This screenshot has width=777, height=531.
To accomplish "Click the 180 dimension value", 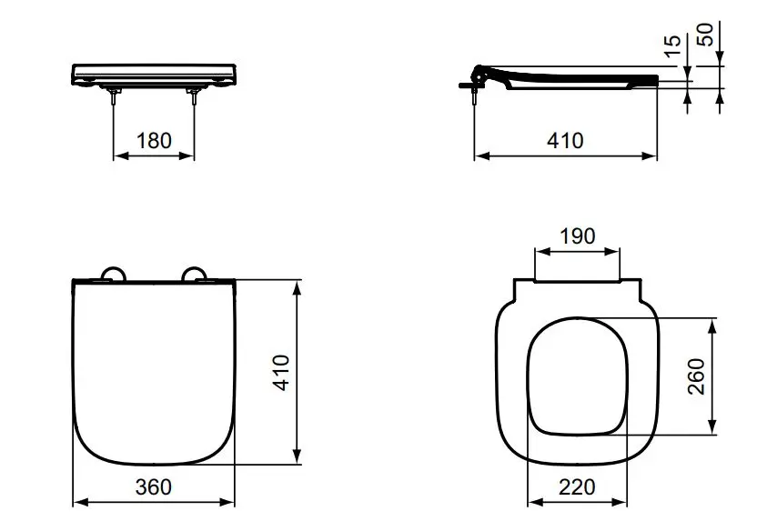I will point(154,141).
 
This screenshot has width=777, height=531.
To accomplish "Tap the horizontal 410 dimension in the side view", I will point(565,141).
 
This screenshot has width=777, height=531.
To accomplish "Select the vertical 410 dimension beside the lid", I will point(283,372).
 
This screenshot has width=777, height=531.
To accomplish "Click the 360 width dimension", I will point(154,487).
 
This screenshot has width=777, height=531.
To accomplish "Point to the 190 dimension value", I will point(577,236).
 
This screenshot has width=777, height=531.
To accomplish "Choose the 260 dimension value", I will point(697,376).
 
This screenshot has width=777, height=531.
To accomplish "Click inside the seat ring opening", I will point(577,376).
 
